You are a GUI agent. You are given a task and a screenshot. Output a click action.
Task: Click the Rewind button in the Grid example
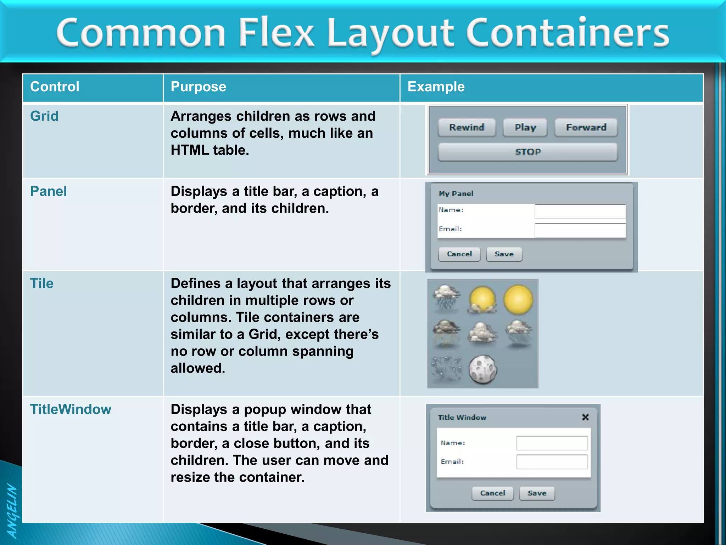(x=467, y=127)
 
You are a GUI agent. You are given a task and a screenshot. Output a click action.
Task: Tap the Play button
(x=525, y=127)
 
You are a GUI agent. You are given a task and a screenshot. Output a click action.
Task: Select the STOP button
(x=527, y=152)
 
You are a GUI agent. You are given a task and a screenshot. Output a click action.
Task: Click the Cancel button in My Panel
(x=459, y=254)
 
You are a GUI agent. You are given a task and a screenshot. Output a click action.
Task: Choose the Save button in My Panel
(x=504, y=254)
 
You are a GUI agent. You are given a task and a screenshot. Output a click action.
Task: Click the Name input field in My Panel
(x=580, y=211)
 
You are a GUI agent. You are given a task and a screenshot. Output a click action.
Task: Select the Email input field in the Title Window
(x=552, y=462)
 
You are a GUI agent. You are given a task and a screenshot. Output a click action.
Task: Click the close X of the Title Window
(x=585, y=417)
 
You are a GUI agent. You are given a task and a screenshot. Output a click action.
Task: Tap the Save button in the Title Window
(x=537, y=493)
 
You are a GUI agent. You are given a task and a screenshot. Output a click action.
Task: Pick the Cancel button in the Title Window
(x=492, y=493)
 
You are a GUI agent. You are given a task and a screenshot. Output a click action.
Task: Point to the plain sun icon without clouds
(x=518, y=300)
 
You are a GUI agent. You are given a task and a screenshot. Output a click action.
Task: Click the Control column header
(x=55, y=87)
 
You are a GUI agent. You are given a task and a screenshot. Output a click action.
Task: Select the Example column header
(x=436, y=87)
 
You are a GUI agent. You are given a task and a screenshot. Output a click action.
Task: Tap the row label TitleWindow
(x=71, y=409)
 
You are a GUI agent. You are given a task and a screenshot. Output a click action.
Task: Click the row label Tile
(x=42, y=283)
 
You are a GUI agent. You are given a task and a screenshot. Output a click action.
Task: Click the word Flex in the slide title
(x=276, y=33)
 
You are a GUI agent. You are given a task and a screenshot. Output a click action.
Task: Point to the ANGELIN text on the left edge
(x=12, y=511)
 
